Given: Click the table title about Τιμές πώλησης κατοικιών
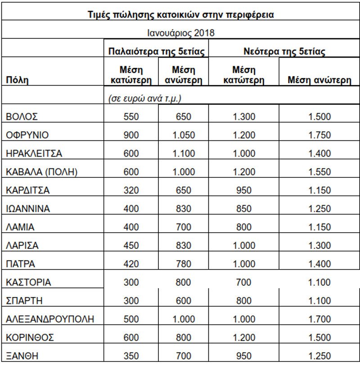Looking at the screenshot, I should (x=180, y=14).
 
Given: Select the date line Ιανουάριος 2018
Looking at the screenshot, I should (x=180, y=33).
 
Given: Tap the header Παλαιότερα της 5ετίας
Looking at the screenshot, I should (x=157, y=51).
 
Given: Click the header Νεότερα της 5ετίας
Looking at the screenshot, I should (x=284, y=51).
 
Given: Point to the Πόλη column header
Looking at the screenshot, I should (x=17, y=81).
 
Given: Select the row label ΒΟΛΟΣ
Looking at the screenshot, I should (x=22, y=117).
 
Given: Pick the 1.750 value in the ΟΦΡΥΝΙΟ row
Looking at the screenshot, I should (x=319, y=135).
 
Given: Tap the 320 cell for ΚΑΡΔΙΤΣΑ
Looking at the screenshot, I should (x=131, y=190).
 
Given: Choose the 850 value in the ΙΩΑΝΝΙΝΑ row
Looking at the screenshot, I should (x=243, y=209).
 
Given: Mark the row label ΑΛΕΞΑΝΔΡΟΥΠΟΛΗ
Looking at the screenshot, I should (x=50, y=320).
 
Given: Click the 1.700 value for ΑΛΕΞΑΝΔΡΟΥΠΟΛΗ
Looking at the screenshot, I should (x=319, y=320).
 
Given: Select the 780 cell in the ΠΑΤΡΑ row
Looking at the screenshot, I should (x=183, y=264).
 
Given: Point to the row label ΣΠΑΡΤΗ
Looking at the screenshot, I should (x=24, y=301).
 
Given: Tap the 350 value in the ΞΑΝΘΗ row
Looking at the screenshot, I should (x=131, y=356).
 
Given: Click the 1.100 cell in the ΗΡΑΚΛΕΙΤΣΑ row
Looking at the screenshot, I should (x=183, y=153).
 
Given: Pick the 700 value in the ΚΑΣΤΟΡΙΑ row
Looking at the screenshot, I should (x=243, y=283).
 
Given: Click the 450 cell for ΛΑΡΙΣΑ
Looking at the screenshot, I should (x=131, y=246).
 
